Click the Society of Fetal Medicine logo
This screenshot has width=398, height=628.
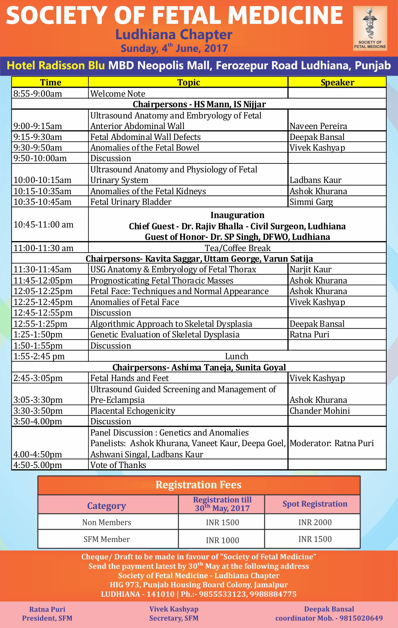tap(370, 28)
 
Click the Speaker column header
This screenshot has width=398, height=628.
tap(337, 83)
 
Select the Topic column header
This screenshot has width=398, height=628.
tap(188, 83)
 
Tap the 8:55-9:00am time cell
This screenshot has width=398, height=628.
tap(38, 94)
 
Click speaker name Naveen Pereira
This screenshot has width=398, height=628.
tap(318, 126)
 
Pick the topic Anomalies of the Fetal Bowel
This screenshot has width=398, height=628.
tap(145, 148)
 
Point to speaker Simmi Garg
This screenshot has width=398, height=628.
tap(311, 202)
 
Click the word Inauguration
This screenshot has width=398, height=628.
tap(237, 215)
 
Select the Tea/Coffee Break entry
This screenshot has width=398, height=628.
tap(238, 248)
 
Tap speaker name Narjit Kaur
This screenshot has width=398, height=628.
tap(310, 269)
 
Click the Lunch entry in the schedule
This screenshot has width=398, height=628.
tap(237, 356)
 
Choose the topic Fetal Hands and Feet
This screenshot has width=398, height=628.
tap(129, 378)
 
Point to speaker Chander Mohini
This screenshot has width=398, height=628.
tap(320, 411)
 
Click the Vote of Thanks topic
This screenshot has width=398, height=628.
tap(118, 465)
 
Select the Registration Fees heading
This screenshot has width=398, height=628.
tap(198, 485)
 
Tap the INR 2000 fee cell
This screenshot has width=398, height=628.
tap(315, 522)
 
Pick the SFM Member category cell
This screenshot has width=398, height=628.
tap(107, 539)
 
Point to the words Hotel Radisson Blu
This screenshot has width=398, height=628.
tap(56, 65)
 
